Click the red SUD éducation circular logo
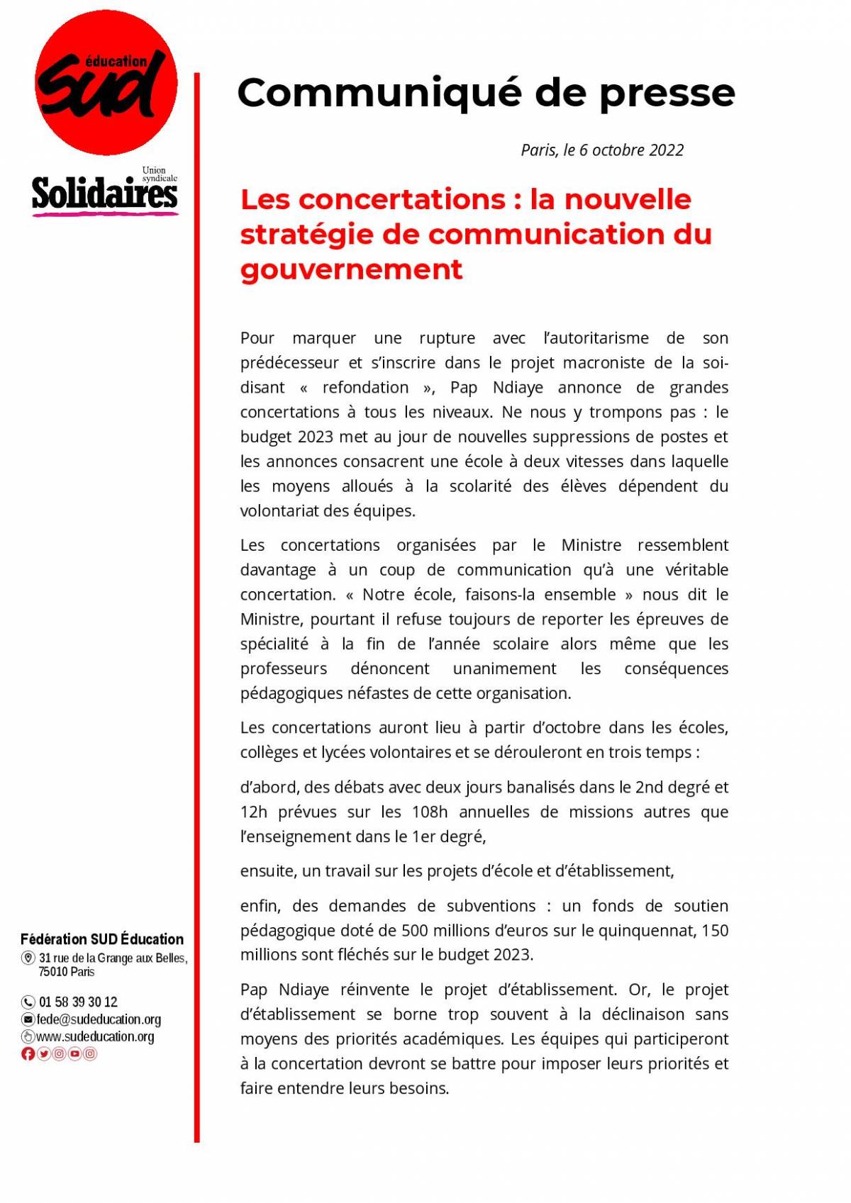coord(106,83)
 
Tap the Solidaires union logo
coord(104,194)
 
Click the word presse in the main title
coord(667,94)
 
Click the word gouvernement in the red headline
coord(351,269)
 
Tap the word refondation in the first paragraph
coord(365,388)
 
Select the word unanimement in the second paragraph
coord(504,668)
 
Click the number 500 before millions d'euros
coord(415,931)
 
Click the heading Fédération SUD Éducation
coord(102,939)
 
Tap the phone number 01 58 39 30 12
coord(78,1002)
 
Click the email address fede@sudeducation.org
coord(99,1019)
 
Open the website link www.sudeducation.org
coord(95,1036)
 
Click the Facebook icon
coord(28,1053)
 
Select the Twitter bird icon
coord(44,1053)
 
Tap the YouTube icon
coord(74,1053)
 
